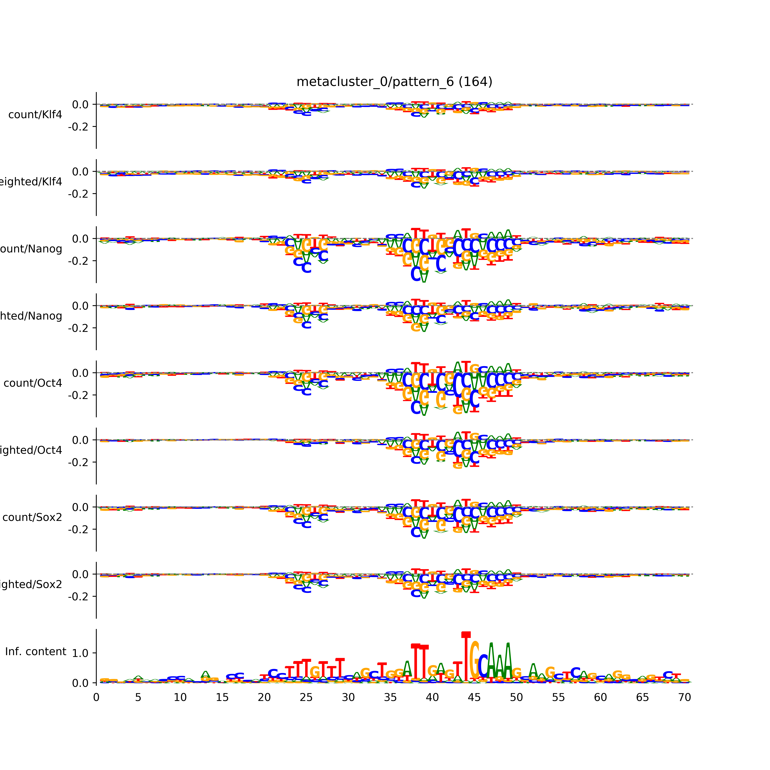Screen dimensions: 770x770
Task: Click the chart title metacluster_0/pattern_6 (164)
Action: coord(394,82)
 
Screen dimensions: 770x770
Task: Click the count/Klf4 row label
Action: coord(35,115)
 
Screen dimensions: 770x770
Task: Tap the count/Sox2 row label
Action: coord(32,517)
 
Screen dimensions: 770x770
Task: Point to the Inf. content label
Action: coord(35,652)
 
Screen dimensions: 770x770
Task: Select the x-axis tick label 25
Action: coord(306,697)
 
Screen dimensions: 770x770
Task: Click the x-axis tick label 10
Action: coord(180,697)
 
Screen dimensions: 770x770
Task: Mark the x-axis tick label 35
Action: coord(390,697)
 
